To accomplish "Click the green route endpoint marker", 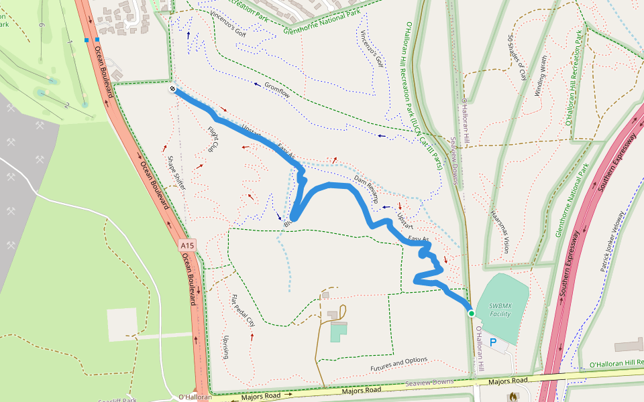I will (471, 313).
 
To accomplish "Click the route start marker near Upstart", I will (172, 88).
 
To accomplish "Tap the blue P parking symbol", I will (494, 343).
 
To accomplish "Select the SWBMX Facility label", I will (500, 309).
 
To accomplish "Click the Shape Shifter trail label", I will (176, 173).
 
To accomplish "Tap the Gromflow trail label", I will (277, 90).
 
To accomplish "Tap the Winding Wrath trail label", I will (540, 76).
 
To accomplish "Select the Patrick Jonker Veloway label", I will (612, 243).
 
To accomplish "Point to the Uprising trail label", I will (226, 346).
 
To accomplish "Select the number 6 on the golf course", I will (42, 25).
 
